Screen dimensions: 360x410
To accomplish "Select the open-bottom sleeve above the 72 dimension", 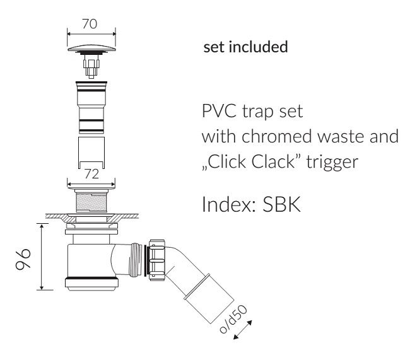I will [91, 152].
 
